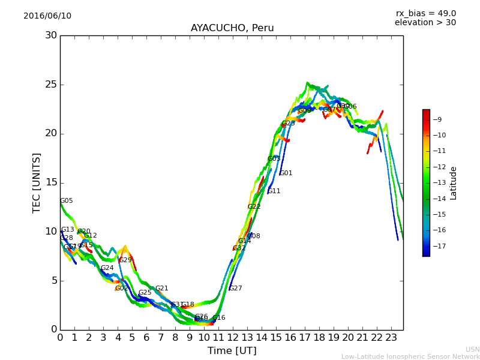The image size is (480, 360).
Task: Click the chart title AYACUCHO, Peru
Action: coord(232,28)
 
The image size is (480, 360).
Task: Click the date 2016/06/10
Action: coord(47,16)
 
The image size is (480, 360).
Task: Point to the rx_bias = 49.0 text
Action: coord(425,14)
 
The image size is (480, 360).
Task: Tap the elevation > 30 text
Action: coord(425,23)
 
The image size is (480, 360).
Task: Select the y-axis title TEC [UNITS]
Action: coord(37,182)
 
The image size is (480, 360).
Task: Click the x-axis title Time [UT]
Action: coord(232,350)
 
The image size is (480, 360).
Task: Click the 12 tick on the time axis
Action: coord(233,338)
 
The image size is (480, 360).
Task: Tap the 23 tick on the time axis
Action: coord(391,338)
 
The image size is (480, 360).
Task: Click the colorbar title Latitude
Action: coord(454,183)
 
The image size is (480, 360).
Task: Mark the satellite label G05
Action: coord(67,201)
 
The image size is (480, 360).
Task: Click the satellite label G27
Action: coord(236,289)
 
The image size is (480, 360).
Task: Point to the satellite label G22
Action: coord(254,207)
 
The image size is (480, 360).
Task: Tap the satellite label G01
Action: coord(286,173)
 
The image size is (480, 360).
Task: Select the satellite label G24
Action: coord(107,268)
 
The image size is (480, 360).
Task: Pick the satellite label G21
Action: coord(162,289)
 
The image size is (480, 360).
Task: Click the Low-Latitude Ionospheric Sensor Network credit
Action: coord(410,356)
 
